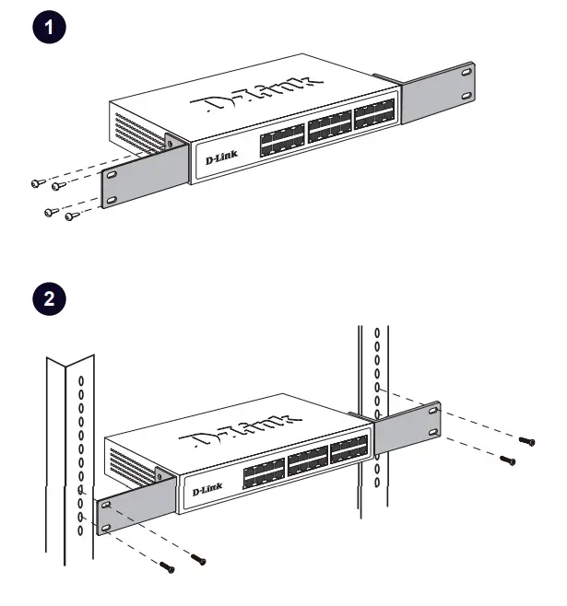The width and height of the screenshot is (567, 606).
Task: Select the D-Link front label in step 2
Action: click(208, 490)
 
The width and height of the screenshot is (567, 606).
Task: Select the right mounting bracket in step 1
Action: click(437, 92)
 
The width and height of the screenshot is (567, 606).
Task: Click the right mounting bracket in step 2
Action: click(407, 432)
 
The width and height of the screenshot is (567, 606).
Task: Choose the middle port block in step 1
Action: click(329, 128)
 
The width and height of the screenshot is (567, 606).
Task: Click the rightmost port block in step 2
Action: click(349, 453)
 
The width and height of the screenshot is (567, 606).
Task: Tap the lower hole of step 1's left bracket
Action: click(113, 198)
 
